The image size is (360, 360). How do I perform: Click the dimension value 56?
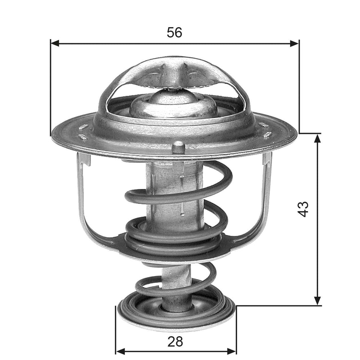tap(174, 33)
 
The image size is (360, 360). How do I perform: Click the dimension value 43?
tap(303, 209)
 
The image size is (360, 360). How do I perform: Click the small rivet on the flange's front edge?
tap(178, 147)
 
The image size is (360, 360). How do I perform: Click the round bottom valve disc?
tap(176, 313)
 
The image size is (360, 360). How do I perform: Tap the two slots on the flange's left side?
tap(83, 131)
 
